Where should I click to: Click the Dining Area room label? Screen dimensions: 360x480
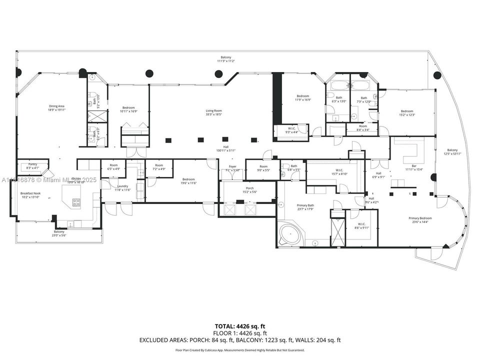[x=56, y=106]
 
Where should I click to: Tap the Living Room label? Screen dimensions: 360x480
[x=214, y=110]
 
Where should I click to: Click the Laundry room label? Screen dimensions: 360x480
[x=123, y=186]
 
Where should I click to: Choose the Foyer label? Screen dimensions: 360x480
[x=232, y=166]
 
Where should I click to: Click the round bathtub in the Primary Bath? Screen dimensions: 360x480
[x=288, y=233]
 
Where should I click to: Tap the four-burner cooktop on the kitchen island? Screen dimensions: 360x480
[x=76, y=202]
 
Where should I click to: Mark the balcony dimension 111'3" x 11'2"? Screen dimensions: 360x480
[x=226, y=61]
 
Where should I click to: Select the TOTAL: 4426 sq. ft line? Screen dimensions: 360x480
[x=239, y=326]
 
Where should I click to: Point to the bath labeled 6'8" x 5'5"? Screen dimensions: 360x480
[x=293, y=168]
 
